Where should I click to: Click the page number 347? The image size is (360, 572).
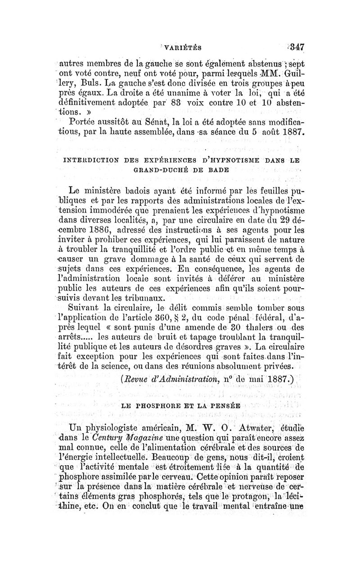[296, 47]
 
